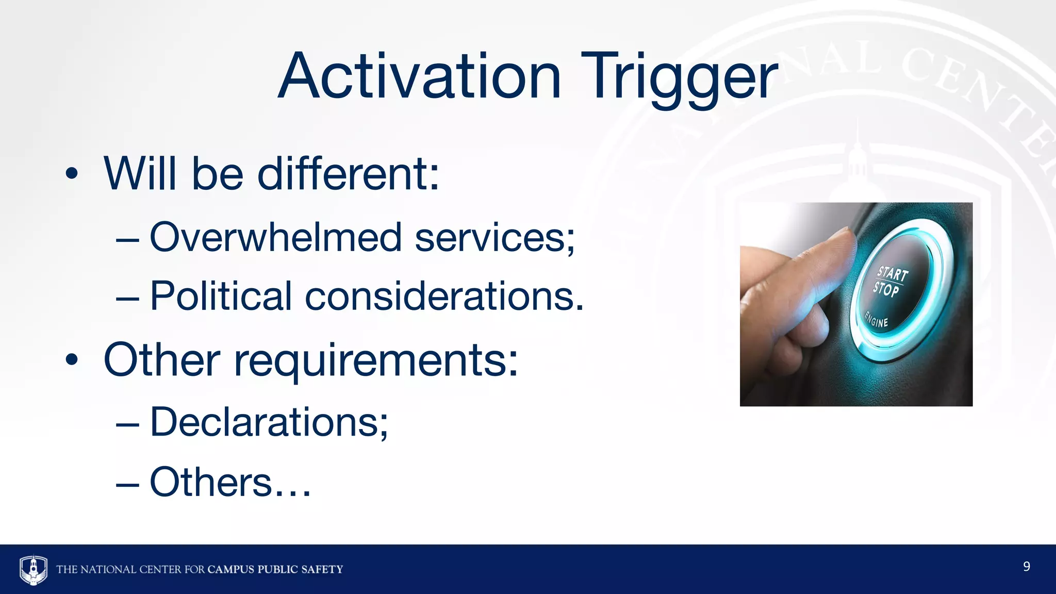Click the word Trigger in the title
[680, 77]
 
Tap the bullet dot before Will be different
[72, 174]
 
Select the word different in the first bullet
[348, 174]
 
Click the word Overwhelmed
[275, 238]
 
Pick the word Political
[221, 297]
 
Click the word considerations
[444, 297]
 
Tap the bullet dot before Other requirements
[72, 360]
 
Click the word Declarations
[268, 422]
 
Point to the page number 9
[1026, 567]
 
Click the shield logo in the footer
[34, 569]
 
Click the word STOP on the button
[886, 289]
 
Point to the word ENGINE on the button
[877, 320]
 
